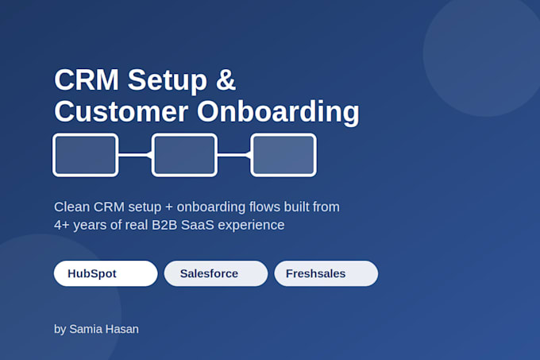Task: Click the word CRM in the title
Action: (x=87, y=79)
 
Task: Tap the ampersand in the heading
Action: (x=226, y=79)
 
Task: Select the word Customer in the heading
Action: (x=121, y=111)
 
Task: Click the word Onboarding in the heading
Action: (x=278, y=111)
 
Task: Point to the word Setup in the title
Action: (x=168, y=81)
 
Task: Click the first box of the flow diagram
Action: (x=86, y=155)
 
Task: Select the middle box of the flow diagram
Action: (x=184, y=155)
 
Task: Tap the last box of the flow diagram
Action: (x=283, y=155)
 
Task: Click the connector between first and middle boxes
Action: (x=135, y=155)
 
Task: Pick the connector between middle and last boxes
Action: (x=234, y=155)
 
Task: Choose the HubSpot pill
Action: (x=106, y=273)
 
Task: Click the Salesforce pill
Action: (x=216, y=273)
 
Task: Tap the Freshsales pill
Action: (x=326, y=273)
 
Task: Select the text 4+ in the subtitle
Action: (x=62, y=225)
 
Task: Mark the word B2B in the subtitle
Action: (x=164, y=225)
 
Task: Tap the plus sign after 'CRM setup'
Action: (x=168, y=207)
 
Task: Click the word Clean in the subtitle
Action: (x=71, y=207)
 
